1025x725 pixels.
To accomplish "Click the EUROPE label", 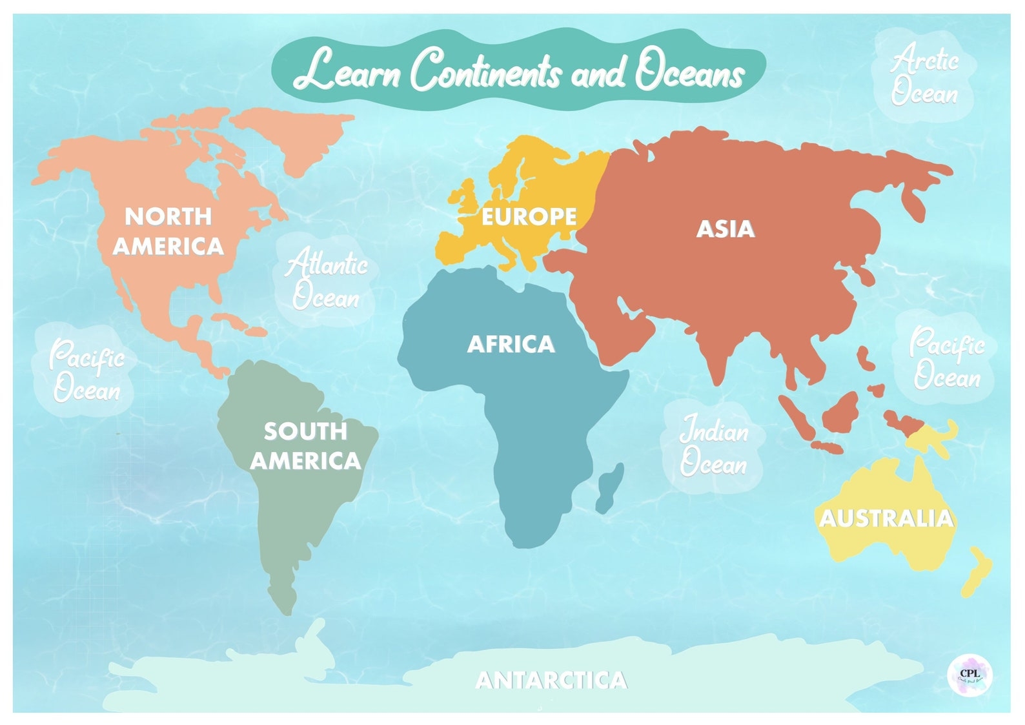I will pos(529,216).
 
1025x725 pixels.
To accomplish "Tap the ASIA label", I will pos(725,229).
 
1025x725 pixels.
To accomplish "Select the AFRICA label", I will pos(511,344).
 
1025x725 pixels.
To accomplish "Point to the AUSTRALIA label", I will pos(886,518).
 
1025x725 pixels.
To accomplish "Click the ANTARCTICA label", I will pos(551,679).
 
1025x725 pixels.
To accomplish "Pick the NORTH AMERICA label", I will pos(168,230).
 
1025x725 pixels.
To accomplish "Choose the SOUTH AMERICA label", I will pos(305,445).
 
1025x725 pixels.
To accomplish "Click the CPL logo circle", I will pos(969,675).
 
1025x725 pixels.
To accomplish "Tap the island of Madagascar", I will pos(609,487).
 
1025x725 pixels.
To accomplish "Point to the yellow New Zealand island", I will pos(976,571).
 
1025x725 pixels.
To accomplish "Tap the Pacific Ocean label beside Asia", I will pos(946,359).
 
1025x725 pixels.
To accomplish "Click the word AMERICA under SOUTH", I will pos(305,461).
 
